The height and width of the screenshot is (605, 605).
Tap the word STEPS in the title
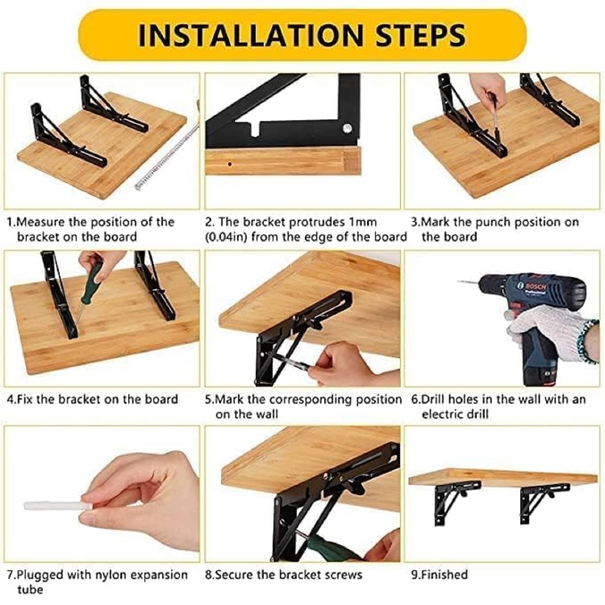pyautogui.click(x=421, y=35)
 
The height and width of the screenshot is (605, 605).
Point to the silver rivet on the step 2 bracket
pyautogui.click(x=346, y=129)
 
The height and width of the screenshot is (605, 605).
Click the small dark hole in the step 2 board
pyautogui.click(x=229, y=164)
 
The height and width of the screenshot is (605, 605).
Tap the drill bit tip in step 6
pyautogui.click(x=459, y=281)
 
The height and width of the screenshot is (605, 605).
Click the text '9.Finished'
pyautogui.click(x=439, y=574)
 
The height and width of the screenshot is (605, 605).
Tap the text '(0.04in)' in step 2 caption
pyautogui.click(x=226, y=237)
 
